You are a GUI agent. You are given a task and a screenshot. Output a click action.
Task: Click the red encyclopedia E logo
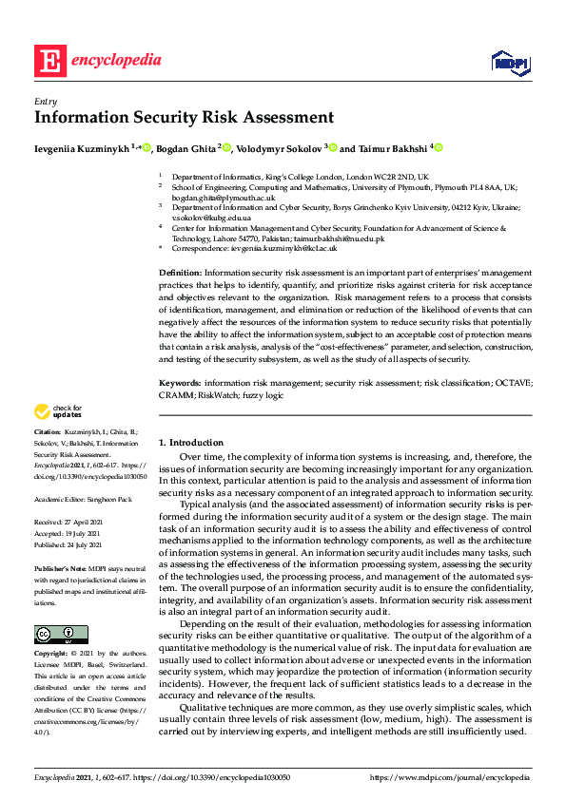tap(49, 61)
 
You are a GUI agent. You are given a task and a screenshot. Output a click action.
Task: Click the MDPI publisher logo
tap(510, 62)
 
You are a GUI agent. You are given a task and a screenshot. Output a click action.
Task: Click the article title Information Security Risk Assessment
tap(184, 119)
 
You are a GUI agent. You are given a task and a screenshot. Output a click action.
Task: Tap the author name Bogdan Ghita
tap(185, 148)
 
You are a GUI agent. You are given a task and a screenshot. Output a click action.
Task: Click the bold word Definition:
tap(180, 273)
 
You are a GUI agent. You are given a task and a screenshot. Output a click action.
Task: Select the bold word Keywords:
tap(180, 383)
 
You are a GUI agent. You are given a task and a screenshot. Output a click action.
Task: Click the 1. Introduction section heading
tap(191, 443)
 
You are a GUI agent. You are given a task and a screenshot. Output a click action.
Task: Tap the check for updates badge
tap(59, 411)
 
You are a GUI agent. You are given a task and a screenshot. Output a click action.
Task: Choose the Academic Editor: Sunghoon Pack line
tap(83, 497)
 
